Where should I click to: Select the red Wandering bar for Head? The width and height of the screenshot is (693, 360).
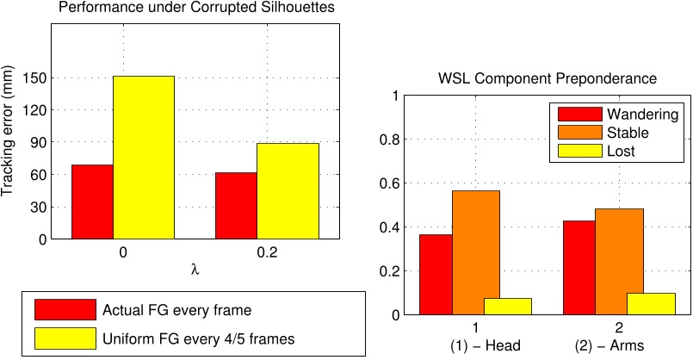435,275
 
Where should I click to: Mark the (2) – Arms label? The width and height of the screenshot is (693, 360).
618,349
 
